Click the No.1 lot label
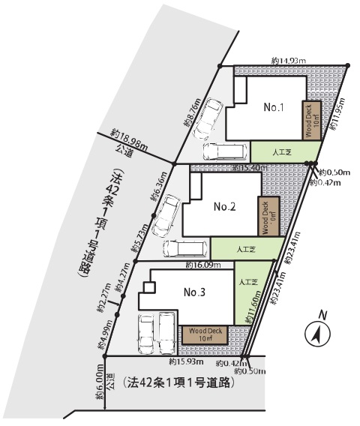tap(273, 106)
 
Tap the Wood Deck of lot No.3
tap(204, 334)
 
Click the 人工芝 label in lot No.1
tap(282, 150)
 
